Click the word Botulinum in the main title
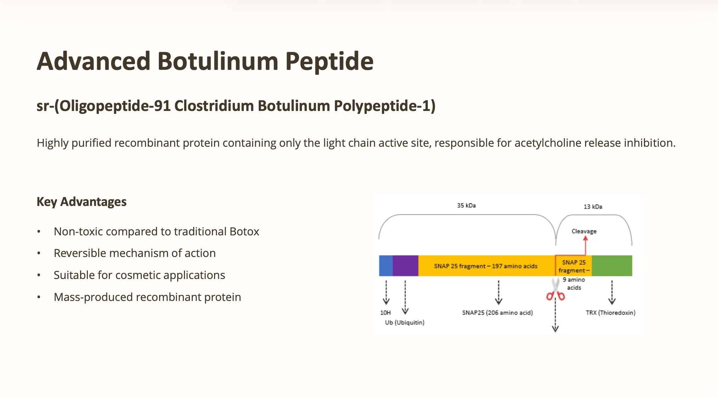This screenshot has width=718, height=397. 218,61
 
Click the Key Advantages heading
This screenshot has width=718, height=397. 82,202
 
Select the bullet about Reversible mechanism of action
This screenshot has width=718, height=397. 135,253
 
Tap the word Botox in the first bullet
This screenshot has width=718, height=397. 245,231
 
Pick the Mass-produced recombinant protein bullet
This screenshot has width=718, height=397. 147,297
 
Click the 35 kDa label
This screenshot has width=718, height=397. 466,206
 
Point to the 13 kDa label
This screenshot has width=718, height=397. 593,207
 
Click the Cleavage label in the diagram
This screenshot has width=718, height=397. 584,231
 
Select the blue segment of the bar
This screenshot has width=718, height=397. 386,265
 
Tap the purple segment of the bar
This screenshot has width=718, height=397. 405,265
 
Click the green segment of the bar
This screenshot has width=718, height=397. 612,265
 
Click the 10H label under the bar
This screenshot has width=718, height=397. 385,313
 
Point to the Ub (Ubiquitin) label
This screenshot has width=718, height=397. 405,323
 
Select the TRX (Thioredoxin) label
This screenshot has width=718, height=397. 611,313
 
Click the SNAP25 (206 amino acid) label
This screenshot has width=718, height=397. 497,313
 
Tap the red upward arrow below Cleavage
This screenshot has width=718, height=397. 585,245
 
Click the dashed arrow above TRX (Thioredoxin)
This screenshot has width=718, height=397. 612,293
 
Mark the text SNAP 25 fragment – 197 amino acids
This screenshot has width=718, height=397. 486,266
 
